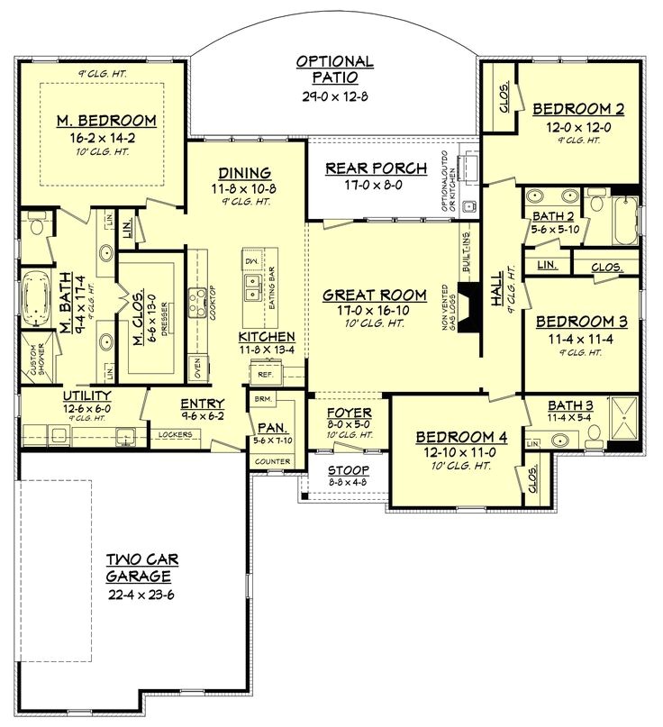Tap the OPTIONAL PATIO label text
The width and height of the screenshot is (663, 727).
point(336,69)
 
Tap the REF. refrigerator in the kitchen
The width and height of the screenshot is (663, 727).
point(265,372)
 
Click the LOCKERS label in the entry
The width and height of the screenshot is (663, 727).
point(176,435)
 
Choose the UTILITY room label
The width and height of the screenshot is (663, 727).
point(86,395)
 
